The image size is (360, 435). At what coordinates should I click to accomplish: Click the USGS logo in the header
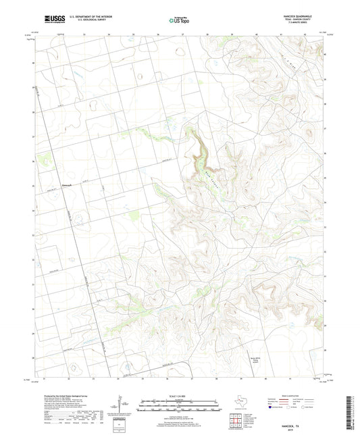pyautogui.click(x=51, y=20)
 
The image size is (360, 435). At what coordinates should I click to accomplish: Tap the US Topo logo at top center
pyautogui.click(x=179, y=20)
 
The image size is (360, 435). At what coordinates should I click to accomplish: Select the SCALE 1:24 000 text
pyautogui.click(x=179, y=396)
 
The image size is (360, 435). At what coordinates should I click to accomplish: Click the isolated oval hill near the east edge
pyautogui.click(x=310, y=132)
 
